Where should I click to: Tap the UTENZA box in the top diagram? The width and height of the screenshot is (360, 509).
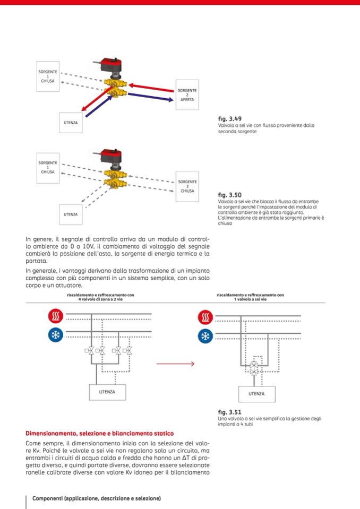[71, 123]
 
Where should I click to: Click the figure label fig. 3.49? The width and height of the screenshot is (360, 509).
[229, 119]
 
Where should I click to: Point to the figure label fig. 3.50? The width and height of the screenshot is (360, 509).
[229, 195]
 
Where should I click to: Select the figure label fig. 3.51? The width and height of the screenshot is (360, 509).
[229, 412]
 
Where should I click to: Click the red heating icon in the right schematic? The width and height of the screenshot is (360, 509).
[205, 317]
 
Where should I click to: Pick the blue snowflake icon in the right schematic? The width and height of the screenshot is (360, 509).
[205, 335]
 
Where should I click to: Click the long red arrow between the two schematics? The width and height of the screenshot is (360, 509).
[175, 364]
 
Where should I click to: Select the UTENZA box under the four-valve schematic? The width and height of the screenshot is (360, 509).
[107, 392]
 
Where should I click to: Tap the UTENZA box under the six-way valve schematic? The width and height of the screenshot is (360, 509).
[256, 394]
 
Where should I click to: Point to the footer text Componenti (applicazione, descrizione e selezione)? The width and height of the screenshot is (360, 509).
[97, 498]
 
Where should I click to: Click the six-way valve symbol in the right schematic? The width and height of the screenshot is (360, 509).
[254, 367]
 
